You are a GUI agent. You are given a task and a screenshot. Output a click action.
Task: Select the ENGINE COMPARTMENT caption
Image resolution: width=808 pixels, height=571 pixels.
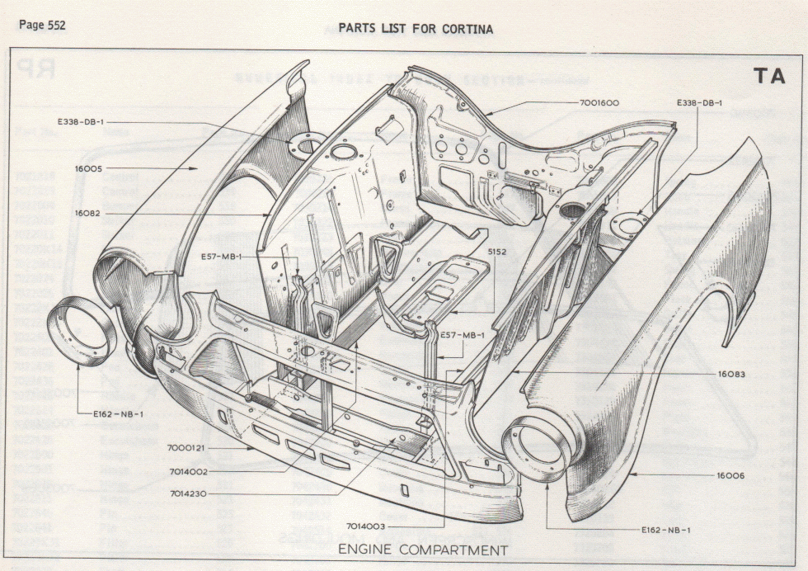pyautogui.click(x=423, y=550)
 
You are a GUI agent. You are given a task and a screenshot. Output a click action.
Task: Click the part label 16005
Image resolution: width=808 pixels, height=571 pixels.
pyautogui.click(x=87, y=168)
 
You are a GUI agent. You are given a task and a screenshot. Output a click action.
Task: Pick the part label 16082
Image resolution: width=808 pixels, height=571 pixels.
pyautogui.click(x=87, y=213)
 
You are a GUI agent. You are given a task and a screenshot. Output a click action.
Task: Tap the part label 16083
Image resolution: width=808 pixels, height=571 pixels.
pyautogui.click(x=730, y=374)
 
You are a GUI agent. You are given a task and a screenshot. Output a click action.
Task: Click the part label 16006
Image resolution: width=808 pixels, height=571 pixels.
pyautogui.click(x=730, y=476)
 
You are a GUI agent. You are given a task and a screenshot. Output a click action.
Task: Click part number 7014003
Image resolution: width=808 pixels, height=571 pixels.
pyautogui.click(x=367, y=525)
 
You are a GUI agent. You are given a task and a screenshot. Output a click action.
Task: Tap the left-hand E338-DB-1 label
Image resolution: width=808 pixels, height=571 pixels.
pyautogui.click(x=80, y=123)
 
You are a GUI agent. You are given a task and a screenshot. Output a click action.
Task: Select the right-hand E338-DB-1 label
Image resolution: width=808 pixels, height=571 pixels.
pyautogui.click(x=699, y=103)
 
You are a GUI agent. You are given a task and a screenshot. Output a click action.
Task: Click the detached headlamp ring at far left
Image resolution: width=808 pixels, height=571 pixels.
pyautogui.click(x=78, y=333)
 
